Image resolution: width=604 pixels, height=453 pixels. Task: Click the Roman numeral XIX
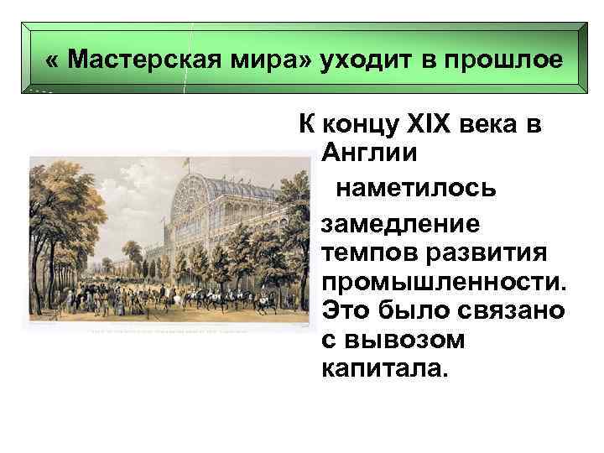429,127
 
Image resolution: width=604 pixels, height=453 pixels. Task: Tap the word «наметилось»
415,188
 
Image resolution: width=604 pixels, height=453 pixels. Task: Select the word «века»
499,127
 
